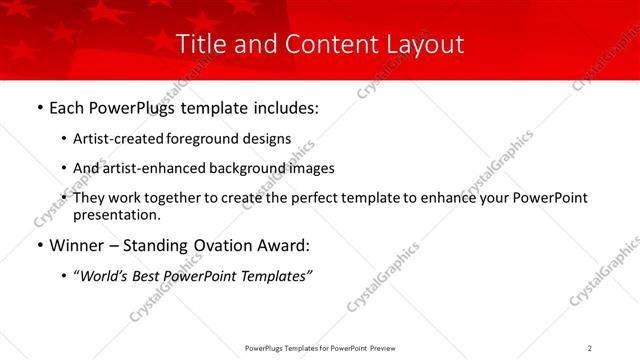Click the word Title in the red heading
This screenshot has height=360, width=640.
200,44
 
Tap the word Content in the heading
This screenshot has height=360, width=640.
315,44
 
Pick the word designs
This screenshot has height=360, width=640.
269,139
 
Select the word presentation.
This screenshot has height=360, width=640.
116,214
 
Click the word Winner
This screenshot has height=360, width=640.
77,245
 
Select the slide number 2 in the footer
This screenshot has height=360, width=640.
590,348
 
